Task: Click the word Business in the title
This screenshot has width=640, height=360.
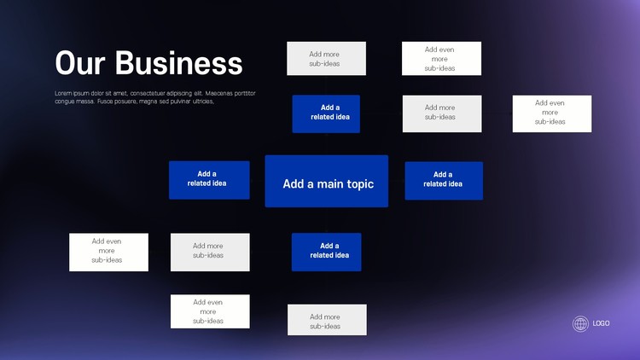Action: click(179, 63)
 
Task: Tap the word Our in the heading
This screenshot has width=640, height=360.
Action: click(80, 63)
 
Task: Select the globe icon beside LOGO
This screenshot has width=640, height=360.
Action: click(580, 323)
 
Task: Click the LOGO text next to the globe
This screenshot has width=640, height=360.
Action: click(601, 323)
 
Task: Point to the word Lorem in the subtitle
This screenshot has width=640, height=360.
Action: click(62, 94)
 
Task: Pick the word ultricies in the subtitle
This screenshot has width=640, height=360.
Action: click(203, 102)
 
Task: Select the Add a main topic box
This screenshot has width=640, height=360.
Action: click(327, 181)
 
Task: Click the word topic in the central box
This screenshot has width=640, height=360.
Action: click(359, 184)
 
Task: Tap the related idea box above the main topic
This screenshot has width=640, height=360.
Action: click(326, 113)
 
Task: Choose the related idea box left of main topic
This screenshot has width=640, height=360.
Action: click(209, 180)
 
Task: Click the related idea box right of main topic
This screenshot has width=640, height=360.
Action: click(444, 181)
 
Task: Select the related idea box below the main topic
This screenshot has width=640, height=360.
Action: click(327, 252)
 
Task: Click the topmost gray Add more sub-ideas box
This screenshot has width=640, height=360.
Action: click(327, 58)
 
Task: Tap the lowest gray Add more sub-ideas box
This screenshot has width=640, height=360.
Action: click(327, 320)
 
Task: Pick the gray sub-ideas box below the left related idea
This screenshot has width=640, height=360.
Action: click(210, 253)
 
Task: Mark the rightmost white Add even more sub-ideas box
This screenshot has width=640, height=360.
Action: click(552, 113)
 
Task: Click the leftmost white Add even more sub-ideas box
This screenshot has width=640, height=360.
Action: click(108, 253)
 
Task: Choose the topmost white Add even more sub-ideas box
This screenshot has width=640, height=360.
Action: click(442, 58)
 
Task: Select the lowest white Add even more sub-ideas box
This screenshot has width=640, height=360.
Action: click(210, 311)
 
